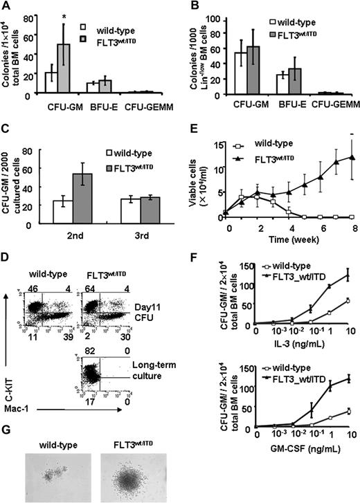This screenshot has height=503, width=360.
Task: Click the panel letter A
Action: pos(6,6)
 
